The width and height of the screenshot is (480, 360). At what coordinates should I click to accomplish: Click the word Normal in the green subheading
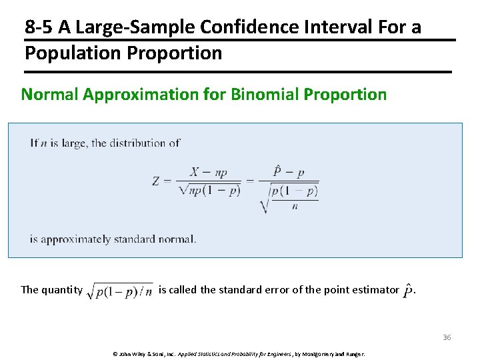(50, 95)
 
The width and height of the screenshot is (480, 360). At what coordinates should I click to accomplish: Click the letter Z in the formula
(156, 181)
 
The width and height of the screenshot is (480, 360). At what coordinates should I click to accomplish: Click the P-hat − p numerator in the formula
(288, 172)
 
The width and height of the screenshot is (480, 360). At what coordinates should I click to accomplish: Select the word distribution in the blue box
(132, 143)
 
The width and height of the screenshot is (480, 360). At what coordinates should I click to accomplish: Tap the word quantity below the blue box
(62, 289)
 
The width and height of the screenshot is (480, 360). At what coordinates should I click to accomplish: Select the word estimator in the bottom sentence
(375, 289)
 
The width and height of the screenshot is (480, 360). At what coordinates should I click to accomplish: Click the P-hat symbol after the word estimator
(408, 291)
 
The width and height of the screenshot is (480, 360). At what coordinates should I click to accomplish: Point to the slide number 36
(447, 337)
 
